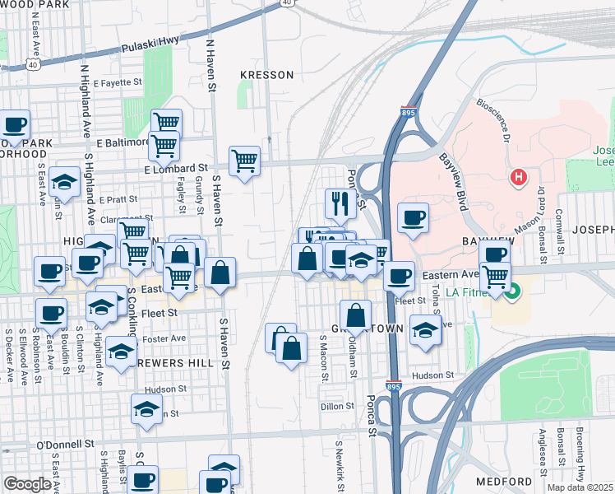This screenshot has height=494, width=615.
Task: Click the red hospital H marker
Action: [519, 176]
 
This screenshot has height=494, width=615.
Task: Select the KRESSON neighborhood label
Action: [266, 75]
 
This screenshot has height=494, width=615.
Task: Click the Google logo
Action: [27, 484]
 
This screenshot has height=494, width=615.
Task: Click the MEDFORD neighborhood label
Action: [504, 481]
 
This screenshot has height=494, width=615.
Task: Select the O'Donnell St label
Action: [67, 445]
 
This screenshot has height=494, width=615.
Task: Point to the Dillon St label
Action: [337, 406]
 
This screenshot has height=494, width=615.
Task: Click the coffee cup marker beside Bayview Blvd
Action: [413, 217]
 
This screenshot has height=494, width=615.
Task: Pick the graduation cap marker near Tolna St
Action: [424, 331]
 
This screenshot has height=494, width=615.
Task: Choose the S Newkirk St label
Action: [338, 462]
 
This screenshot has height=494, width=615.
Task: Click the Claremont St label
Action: [121, 219]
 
